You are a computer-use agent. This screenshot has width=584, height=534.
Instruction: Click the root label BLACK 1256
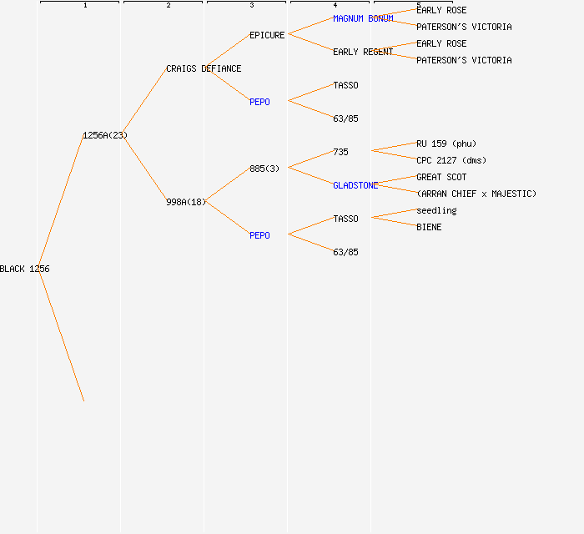(25, 269)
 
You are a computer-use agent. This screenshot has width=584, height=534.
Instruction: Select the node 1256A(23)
(105, 135)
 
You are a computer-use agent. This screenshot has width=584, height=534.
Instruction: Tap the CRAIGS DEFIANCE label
(204, 68)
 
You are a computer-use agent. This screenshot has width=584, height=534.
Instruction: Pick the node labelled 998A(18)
(186, 202)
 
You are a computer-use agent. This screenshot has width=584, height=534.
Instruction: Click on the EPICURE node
(267, 35)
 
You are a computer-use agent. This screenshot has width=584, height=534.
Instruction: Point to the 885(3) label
(264, 169)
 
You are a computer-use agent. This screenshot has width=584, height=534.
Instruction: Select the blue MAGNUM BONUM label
(363, 18)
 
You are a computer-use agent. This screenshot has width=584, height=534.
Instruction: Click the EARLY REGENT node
(363, 52)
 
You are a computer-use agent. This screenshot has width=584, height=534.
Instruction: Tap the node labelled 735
(340, 152)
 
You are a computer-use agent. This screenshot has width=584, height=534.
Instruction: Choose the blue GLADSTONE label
(355, 185)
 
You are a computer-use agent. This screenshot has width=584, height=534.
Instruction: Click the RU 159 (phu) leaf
(446, 144)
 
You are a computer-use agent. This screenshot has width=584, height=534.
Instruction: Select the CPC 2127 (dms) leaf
(451, 160)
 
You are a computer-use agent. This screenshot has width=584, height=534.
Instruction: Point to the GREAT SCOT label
(441, 177)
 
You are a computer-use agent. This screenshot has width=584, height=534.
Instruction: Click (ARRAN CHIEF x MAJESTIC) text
(476, 194)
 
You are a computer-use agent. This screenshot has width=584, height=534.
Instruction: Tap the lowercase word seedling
(436, 210)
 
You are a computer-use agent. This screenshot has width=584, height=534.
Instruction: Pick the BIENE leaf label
(429, 227)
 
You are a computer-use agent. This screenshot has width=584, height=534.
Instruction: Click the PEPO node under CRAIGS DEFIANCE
(259, 102)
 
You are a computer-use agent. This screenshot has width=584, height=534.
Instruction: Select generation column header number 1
(85, 6)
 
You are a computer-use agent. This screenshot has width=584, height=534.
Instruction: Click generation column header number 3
(252, 6)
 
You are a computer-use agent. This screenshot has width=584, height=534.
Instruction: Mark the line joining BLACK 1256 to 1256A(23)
(61, 202)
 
